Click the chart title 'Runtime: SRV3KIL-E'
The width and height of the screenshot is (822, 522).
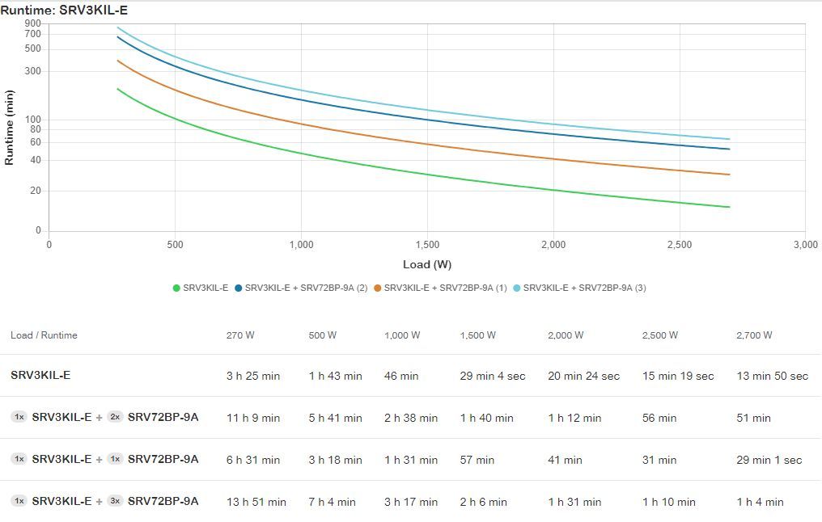point(64,11)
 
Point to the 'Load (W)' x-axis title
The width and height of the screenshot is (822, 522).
point(427,264)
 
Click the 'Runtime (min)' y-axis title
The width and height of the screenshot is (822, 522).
point(10,127)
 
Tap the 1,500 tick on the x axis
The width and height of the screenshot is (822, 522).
point(427,245)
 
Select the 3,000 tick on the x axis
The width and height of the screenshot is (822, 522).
point(805,245)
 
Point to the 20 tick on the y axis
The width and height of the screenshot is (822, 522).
point(36,191)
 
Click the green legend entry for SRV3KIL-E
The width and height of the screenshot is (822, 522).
point(201,288)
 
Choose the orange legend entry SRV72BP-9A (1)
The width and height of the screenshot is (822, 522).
point(440,288)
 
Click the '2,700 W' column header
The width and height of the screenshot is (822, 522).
point(754,335)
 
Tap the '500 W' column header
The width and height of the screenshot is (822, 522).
point(323,335)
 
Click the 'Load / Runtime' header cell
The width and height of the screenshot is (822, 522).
point(44,335)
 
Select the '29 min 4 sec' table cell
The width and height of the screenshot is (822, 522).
point(492,376)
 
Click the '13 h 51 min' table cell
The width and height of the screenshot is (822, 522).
point(256,502)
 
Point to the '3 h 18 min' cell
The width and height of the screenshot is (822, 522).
point(335,460)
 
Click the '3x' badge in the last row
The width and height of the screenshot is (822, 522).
point(115,501)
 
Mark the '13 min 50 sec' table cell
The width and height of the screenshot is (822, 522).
point(772,376)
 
